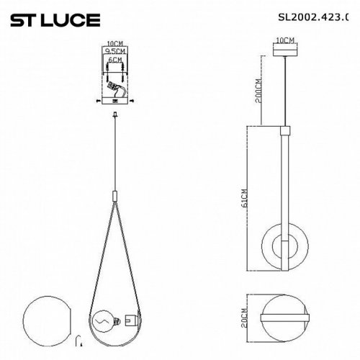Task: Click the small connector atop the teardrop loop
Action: (x=115, y=195)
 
